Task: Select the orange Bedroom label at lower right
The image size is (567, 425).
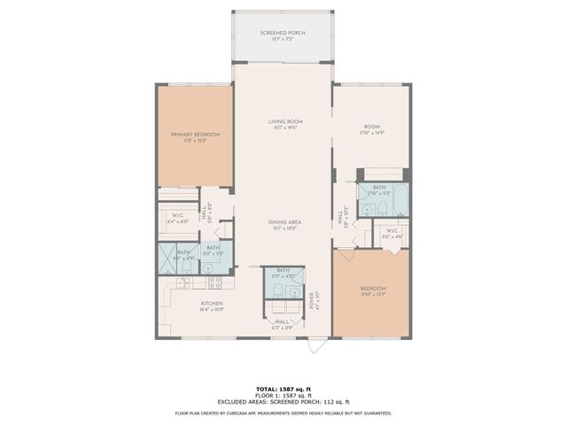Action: [x=372, y=290]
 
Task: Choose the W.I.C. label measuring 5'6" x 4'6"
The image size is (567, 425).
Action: [x=392, y=235]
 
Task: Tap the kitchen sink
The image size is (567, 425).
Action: [x=184, y=282]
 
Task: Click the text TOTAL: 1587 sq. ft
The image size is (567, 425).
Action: [x=283, y=389]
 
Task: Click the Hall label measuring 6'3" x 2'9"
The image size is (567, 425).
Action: [x=283, y=323]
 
